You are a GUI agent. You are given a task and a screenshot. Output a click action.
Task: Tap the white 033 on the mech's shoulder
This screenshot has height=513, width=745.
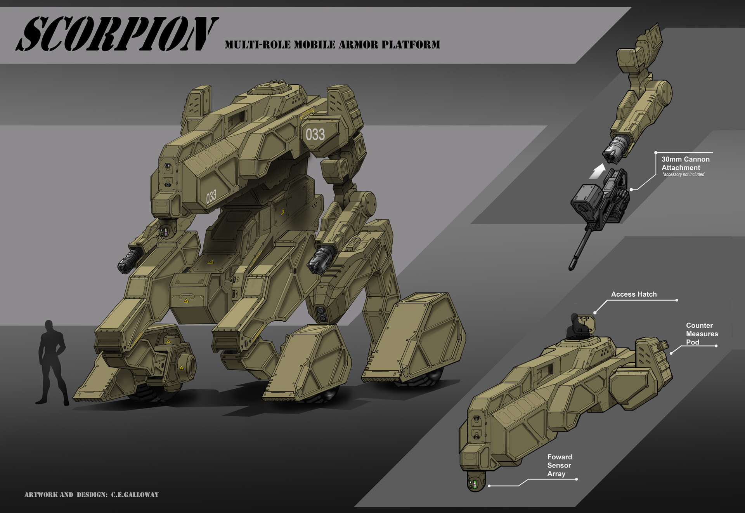pos(315,135)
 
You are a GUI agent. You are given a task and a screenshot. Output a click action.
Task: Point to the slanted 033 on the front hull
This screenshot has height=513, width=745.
pos(211,197)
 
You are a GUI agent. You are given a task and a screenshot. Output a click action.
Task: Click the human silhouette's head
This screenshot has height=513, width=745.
pos(49,325)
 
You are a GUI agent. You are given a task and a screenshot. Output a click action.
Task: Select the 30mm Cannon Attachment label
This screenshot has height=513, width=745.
pos(685,163)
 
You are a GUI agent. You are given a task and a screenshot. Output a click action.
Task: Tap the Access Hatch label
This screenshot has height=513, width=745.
pos(634,294)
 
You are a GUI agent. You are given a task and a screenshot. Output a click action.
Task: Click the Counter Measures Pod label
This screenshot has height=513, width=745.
pos(702,334)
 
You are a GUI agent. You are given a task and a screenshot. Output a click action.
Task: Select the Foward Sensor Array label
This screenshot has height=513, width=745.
pos(559,465)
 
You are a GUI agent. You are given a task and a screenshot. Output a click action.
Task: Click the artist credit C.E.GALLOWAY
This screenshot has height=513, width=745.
pos(135,495)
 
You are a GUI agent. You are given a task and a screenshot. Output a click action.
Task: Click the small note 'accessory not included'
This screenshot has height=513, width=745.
pos(683,175)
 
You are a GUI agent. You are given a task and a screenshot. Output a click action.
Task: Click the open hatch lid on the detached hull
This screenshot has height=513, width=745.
pos(587,322)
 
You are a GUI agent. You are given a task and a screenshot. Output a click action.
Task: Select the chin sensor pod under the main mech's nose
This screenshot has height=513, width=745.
pos(166,232)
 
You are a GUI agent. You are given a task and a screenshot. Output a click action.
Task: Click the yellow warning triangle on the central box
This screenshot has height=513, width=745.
pos(186,301)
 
